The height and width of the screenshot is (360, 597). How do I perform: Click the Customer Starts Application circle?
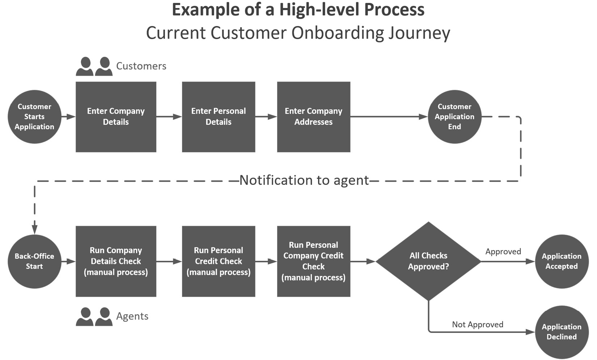point(34,117)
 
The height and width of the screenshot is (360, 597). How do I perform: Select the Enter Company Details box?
point(116,117)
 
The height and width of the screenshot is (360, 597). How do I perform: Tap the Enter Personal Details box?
point(218,117)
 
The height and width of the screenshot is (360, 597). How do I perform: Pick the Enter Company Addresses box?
point(313,117)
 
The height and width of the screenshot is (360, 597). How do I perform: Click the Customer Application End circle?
point(454,117)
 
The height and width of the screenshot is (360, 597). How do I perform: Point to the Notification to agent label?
point(304,180)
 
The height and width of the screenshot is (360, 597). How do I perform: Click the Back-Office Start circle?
point(34,261)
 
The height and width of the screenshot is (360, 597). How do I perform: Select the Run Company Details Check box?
point(116,261)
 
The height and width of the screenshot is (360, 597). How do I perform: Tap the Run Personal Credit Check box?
point(218,261)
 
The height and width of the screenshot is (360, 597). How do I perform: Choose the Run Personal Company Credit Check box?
point(313,261)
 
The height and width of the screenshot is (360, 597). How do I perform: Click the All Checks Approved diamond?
point(428,261)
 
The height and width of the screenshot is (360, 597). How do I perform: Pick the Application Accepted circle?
point(562,261)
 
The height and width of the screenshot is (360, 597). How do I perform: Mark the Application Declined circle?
point(562,332)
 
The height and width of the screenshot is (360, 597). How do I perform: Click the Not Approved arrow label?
point(478,325)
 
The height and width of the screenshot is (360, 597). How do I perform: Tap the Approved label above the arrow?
point(503,251)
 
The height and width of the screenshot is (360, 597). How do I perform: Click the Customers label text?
point(141,66)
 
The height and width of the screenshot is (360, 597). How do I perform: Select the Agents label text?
point(132,316)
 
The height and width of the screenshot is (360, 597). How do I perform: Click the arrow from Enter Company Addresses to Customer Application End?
point(389,117)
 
